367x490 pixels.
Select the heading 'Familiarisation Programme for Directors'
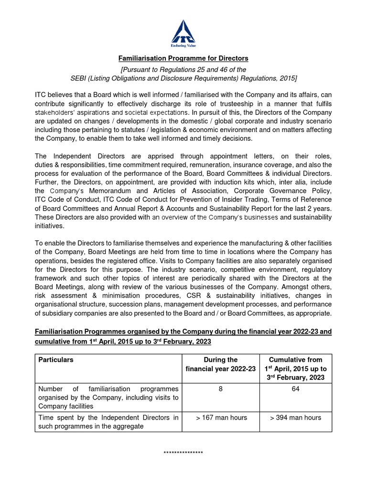(183, 58)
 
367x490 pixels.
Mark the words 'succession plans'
(161, 304)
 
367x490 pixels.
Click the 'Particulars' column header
(56, 360)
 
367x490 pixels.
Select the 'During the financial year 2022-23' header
(220, 364)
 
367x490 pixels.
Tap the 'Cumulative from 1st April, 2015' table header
(295, 368)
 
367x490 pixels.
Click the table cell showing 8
(220, 389)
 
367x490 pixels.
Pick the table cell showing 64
(295, 389)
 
